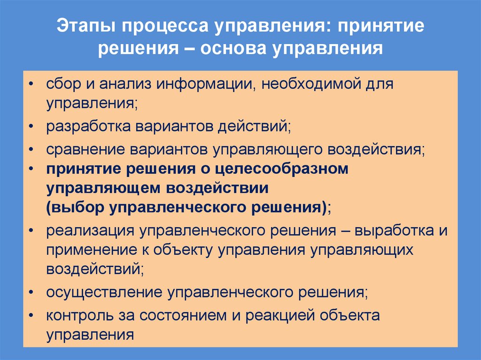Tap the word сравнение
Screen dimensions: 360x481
coord(85,149)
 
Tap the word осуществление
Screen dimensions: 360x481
coord(103,292)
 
